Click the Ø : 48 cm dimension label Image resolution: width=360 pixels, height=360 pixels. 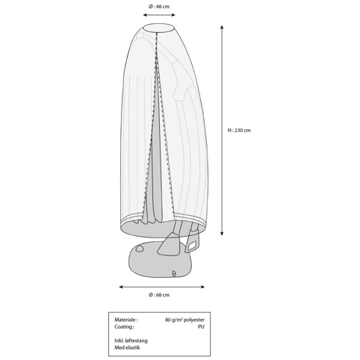tap(159, 7)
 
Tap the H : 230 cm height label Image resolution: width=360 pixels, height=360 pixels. tap(239, 130)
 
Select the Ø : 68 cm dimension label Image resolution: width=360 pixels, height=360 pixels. tap(159, 295)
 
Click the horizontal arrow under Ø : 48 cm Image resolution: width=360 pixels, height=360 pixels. tap(159, 15)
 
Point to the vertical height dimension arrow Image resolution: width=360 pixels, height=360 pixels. tap(222, 130)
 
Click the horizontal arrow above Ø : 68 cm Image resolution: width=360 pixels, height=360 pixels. tap(162, 287)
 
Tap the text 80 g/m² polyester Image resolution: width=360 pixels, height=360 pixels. tap(184, 320)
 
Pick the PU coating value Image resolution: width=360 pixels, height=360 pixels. tap(201, 326)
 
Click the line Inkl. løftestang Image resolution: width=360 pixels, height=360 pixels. tap(131, 341)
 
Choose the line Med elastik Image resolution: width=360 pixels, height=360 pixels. tap(127, 347)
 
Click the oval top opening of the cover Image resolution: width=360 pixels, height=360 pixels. tap(159, 28)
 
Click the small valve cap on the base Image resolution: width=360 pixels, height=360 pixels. tap(174, 273)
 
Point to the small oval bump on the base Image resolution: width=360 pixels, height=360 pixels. tap(140, 248)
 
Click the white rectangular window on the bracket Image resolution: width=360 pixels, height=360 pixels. tap(192, 246)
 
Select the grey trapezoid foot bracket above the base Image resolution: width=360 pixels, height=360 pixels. tap(168, 244)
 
